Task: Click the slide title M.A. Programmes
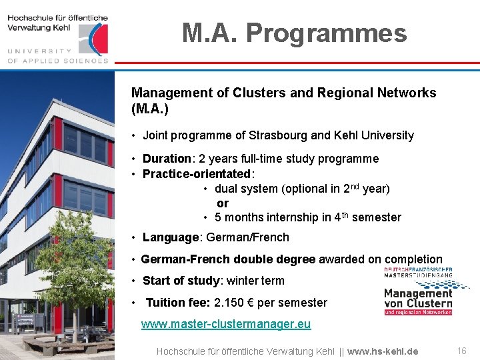(294, 33)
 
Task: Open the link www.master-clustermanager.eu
(226, 325)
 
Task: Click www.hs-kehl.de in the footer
(383, 351)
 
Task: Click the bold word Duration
(166, 159)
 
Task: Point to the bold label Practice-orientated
(197, 173)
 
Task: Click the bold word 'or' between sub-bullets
(223, 203)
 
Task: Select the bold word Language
(170, 237)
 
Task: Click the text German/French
(248, 237)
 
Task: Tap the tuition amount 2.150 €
(234, 303)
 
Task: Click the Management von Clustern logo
(418, 291)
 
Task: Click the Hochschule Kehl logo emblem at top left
(96, 37)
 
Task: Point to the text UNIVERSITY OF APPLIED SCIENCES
(57, 56)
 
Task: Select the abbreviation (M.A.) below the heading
(150, 108)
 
